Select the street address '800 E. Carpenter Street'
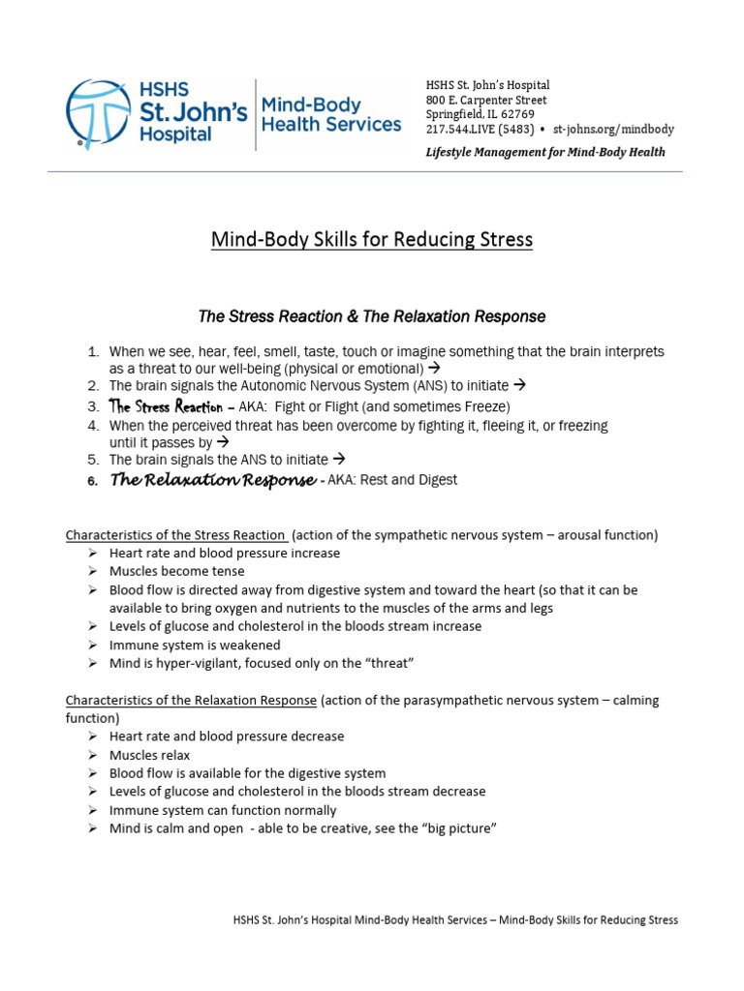[x=486, y=100]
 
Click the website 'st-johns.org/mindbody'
[x=613, y=129]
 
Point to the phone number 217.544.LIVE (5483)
[x=480, y=129]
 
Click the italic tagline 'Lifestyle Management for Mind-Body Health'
[x=545, y=152]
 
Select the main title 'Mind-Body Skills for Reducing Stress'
[x=372, y=239]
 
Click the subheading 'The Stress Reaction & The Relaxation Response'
[x=372, y=316]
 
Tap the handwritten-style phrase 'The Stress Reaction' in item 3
[x=165, y=406]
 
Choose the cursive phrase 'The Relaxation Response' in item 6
[x=212, y=480]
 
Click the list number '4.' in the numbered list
[x=93, y=425]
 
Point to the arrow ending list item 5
[x=339, y=460]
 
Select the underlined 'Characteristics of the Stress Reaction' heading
[x=175, y=535]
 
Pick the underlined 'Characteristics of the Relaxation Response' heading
[x=191, y=700]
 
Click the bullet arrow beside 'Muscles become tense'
[x=92, y=571]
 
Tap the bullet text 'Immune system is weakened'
[x=195, y=645]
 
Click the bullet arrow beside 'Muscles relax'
[x=92, y=755]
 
